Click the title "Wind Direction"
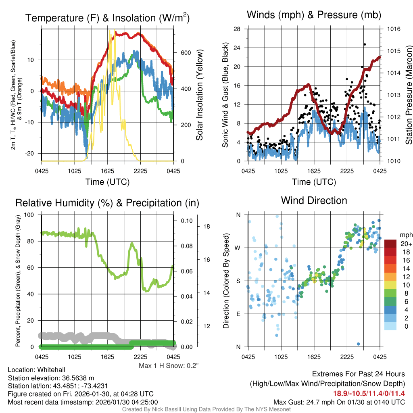pyautogui.click(x=314, y=200)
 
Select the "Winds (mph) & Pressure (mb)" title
pyautogui.click(x=314, y=15)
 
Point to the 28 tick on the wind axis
pyautogui.click(x=237, y=29)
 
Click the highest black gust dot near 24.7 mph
pyautogui.click(x=365, y=44)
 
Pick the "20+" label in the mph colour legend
pyautogui.click(x=405, y=244)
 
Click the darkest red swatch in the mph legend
pyautogui.click(x=391, y=244)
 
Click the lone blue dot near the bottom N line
pyautogui.click(x=359, y=344)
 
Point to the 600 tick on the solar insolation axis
pyautogui.click(x=185, y=53)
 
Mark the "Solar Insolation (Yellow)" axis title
pyautogui.click(x=200, y=95)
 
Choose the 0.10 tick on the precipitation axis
pyautogui.click(x=187, y=221)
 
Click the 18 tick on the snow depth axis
pyautogui.click(x=206, y=227)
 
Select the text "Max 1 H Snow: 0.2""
pyautogui.click(x=169, y=365)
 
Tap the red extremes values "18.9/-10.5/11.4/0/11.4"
pyautogui.click(x=369, y=393)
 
